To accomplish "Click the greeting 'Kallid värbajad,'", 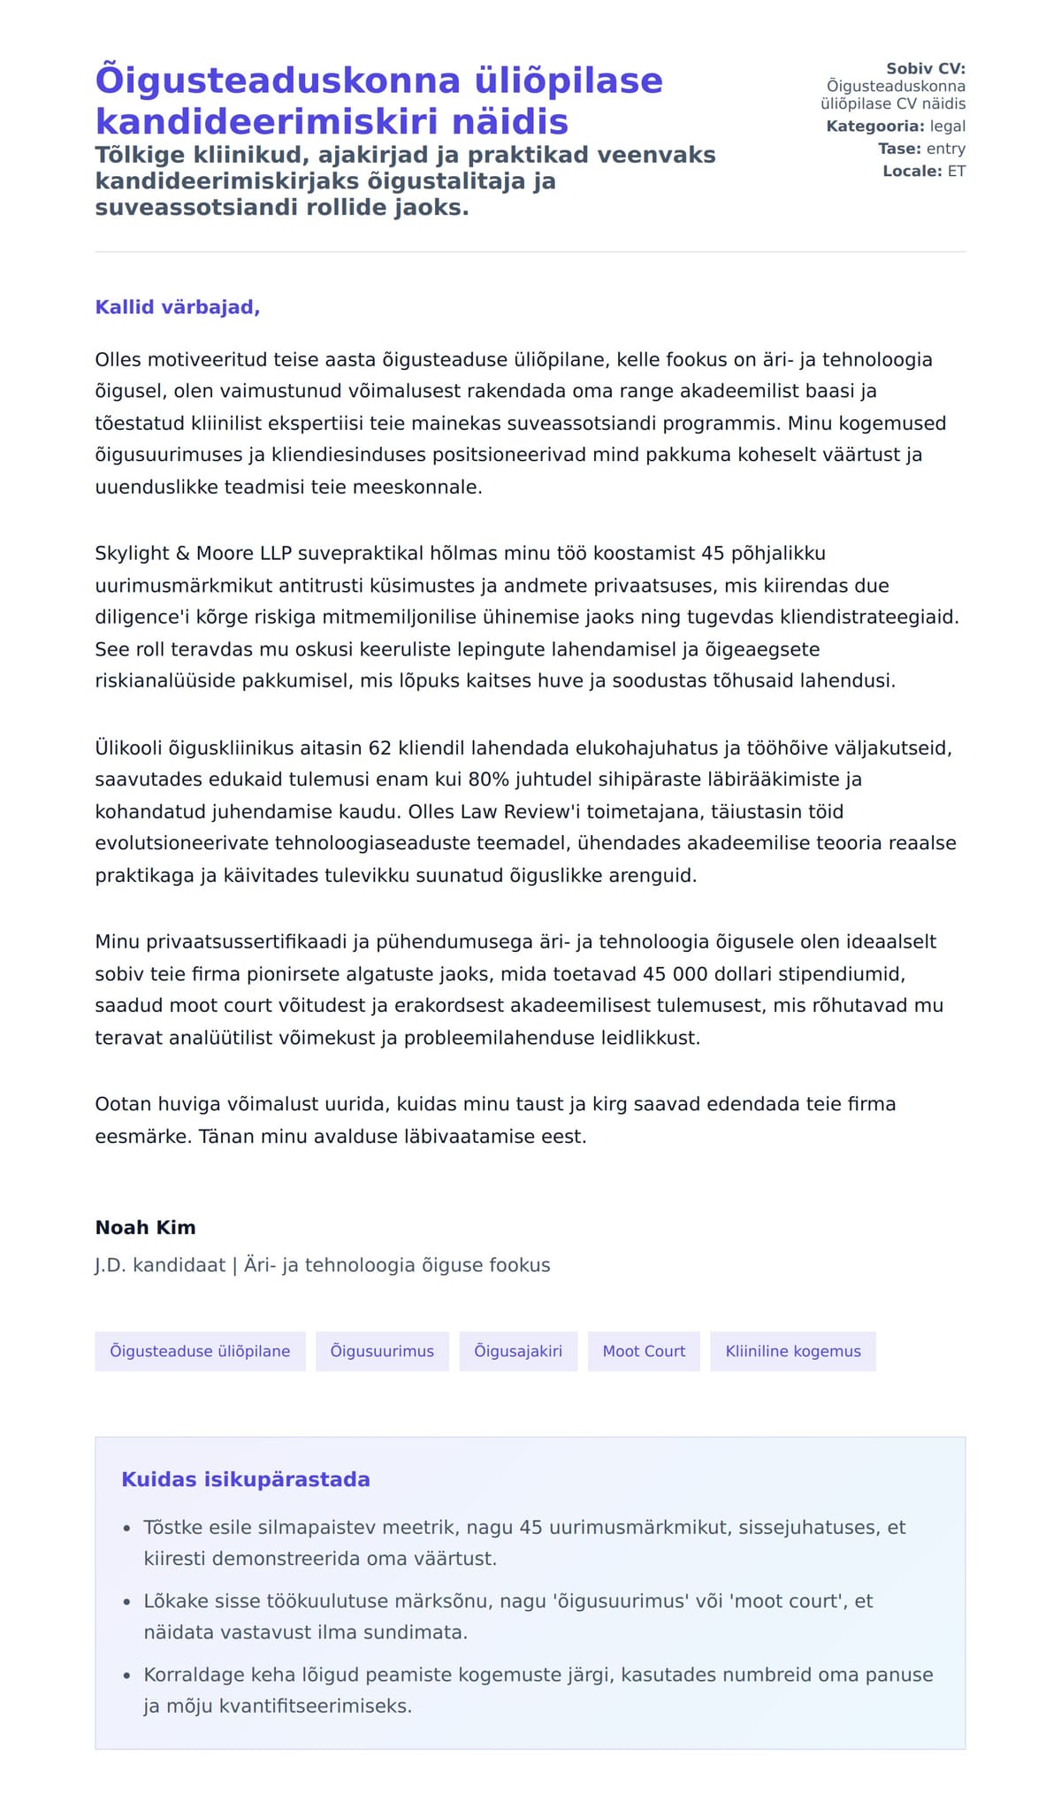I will (x=177, y=308).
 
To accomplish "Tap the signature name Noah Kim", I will (x=145, y=1227).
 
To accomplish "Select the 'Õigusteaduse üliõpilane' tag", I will (x=200, y=1351).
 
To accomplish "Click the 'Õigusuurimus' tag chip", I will (x=382, y=1351).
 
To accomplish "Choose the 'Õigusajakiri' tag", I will (x=518, y=1351).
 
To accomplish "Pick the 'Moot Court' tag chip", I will (x=644, y=1351).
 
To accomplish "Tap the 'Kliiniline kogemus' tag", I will (x=793, y=1351).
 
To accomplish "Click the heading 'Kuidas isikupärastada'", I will (x=246, y=1479).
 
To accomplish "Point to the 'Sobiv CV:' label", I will (x=926, y=69).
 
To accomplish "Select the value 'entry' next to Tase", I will (x=946, y=149).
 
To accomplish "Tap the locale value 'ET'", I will (x=957, y=171).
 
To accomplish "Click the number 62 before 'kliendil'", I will (x=379, y=748).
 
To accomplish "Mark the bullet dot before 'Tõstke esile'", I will (x=126, y=1528).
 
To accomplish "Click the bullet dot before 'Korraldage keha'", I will (x=126, y=1675).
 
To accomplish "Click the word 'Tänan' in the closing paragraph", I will (x=224, y=1136).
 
